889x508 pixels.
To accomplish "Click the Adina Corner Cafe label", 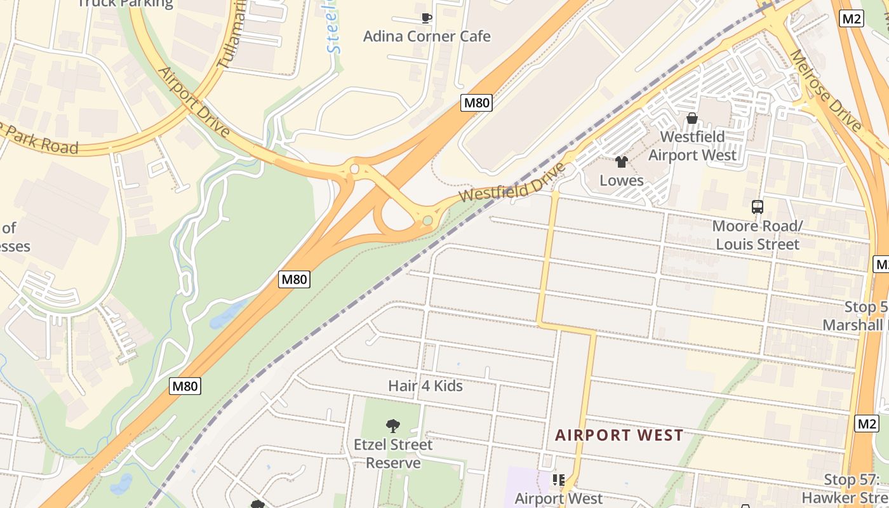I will [426, 36].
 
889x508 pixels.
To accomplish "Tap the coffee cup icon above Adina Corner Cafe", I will [427, 18].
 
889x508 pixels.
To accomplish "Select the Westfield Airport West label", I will [692, 146].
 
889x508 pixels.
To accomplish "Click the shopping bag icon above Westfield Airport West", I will [692, 118].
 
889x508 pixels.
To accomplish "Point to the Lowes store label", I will [622, 180].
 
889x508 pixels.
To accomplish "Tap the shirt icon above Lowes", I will [622, 162].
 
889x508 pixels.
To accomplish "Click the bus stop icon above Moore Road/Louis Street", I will [757, 206].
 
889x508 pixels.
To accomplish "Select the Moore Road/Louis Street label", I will [757, 235].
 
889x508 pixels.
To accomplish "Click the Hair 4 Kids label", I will [425, 385].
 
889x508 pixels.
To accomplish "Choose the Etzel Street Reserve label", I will [393, 453].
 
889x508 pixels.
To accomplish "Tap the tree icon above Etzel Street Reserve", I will [393, 425].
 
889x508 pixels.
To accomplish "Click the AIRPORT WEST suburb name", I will [619, 435].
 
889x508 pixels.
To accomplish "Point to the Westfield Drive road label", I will [512, 183].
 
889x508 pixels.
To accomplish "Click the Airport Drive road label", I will [193, 102].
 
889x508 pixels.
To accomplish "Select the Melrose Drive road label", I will [825, 89].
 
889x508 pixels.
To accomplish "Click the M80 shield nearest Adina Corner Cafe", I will [476, 102].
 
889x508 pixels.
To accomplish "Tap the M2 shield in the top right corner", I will [851, 18].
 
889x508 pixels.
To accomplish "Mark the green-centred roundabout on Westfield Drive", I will [428, 220].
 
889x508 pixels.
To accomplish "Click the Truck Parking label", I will [125, 4].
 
